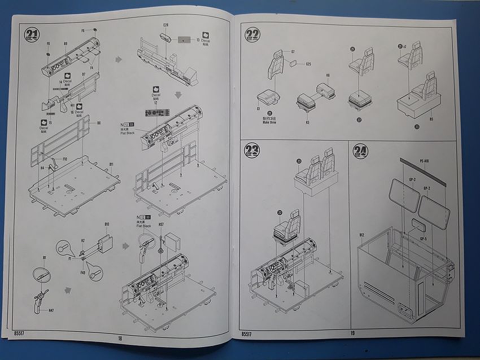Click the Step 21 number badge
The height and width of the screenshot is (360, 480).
[x=32, y=34]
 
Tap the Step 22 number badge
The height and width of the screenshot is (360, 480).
[x=252, y=34]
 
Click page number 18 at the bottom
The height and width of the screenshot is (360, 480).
[x=120, y=339]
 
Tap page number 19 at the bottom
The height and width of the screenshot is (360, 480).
[x=352, y=334]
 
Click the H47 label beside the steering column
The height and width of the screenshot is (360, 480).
[x=51, y=310]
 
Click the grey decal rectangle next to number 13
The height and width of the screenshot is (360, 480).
[x=184, y=40]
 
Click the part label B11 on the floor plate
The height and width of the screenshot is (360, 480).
[x=112, y=164]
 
